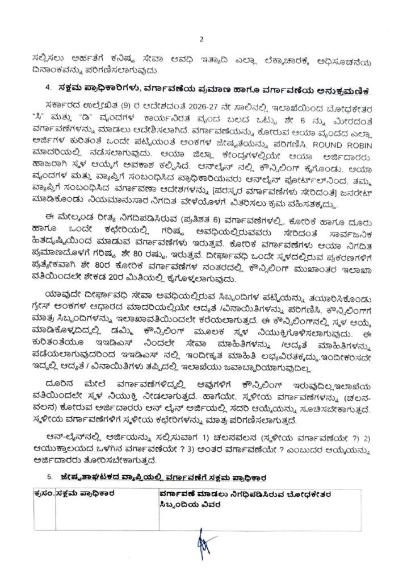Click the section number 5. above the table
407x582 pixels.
tap(49, 475)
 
